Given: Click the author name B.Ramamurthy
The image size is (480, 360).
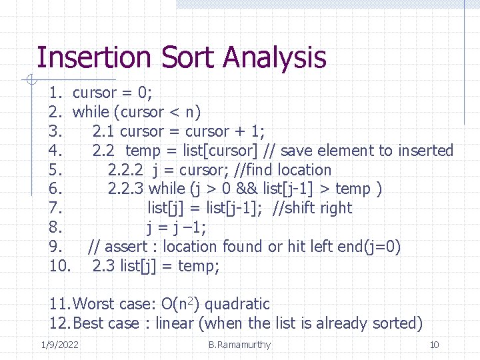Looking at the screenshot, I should pos(239,345).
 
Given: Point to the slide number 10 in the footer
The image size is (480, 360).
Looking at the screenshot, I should pos(434,345).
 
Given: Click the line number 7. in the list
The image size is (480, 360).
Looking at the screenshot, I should pos(56,208).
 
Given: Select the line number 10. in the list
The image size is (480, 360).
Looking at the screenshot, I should pos(59,266).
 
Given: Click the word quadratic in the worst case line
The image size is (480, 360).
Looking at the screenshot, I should pos(239,305).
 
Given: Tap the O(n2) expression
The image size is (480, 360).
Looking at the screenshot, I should pos(181,305).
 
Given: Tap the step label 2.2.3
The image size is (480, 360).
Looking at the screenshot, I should pos(126,189).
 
